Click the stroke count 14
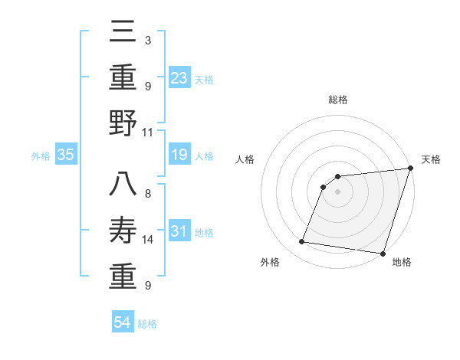(148, 240)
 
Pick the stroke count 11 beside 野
(148, 132)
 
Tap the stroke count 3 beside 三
(147, 40)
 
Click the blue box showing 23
(179, 77)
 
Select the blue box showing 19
(179, 155)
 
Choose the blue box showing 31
(179, 231)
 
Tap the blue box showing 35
(65, 155)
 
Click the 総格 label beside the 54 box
(147, 324)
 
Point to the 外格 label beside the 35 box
(41, 156)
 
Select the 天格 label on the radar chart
(431, 159)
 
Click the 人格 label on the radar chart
(245, 159)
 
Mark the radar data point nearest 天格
(410, 169)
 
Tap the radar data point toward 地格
(383, 253)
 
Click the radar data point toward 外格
(301, 242)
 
